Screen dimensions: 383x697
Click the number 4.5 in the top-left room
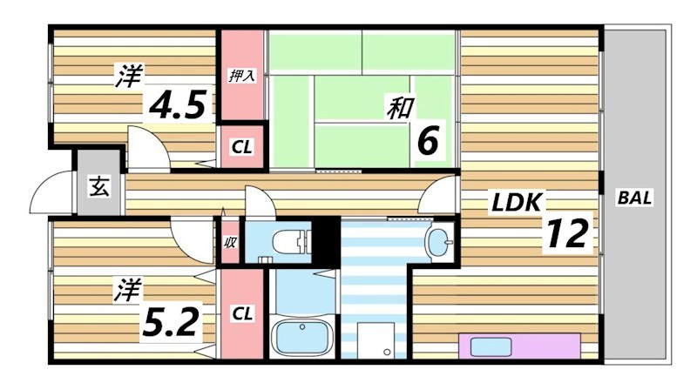point(179,105)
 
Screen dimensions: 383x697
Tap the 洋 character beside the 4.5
point(127,77)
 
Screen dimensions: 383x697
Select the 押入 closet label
point(241,76)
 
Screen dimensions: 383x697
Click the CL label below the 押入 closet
point(241,147)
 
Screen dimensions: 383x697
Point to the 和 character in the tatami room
point(400,108)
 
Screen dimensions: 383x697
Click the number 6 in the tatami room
point(426,138)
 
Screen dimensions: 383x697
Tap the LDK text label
point(518,203)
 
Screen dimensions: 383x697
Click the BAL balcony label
point(634,198)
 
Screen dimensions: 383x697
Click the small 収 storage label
point(230,243)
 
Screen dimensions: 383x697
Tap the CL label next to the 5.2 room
point(241,312)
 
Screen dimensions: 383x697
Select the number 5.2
point(175,323)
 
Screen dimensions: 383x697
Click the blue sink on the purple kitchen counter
point(487,346)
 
